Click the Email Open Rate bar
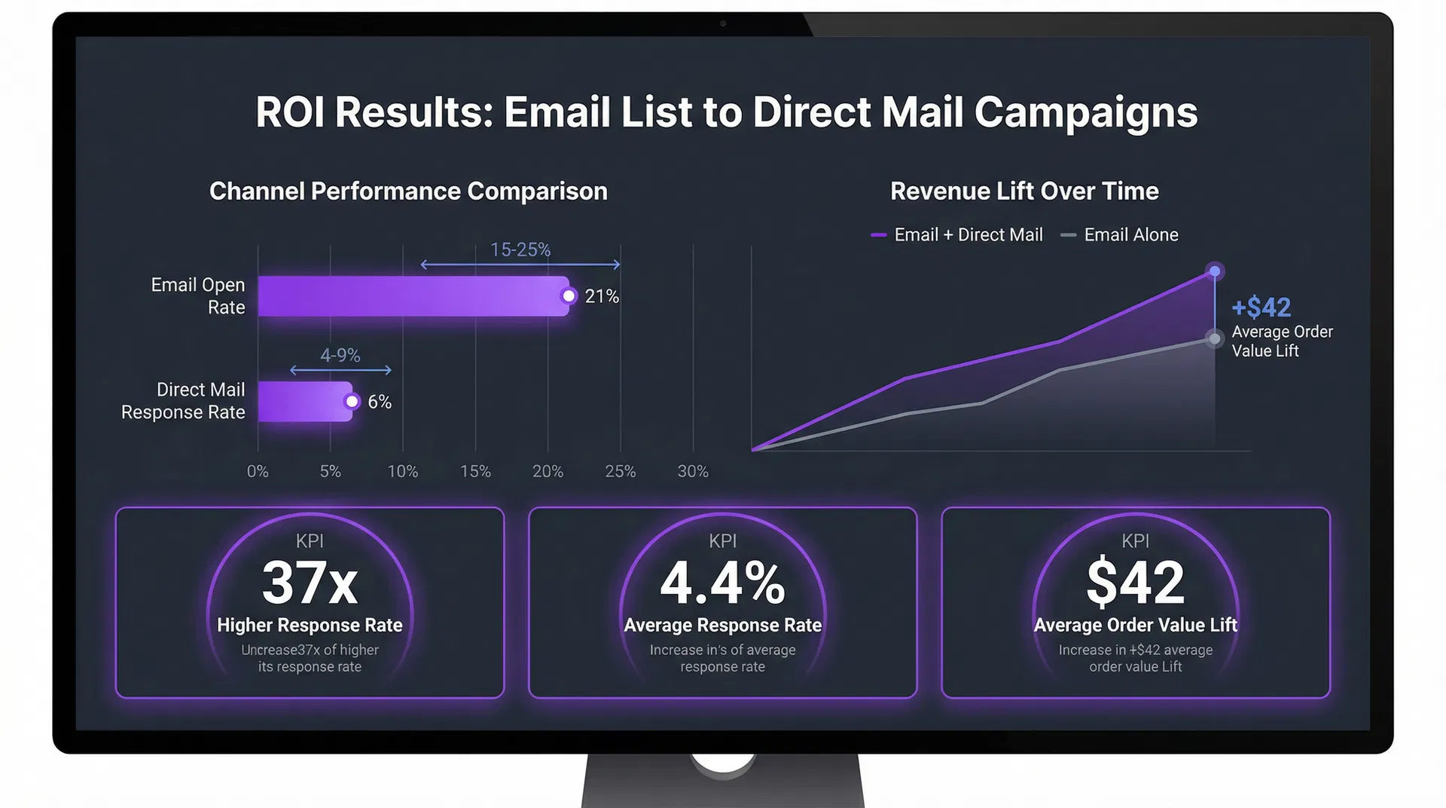tap(413, 296)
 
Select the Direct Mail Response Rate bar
tap(304, 402)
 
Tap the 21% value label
tap(602, 297)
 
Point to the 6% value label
tap(380, 402)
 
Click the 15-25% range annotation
tap(520, 250)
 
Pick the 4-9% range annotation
tap(340, 356)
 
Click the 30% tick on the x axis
tap(693, 472)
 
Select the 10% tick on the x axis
tap(403, 472)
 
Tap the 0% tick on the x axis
tap(258, 472)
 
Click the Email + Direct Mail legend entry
tap(957, 235)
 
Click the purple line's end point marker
tap(1214, 271)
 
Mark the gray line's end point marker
tap(1214, 338)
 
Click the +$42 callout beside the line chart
tap(1261, 308)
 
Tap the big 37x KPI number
tap(310, 583)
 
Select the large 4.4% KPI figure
tap(722, 583)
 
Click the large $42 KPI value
tap(1135, 583)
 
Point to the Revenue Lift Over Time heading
tap(1024, 191)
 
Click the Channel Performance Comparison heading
tap(408, 191)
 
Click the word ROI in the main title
tap(290, 113)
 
